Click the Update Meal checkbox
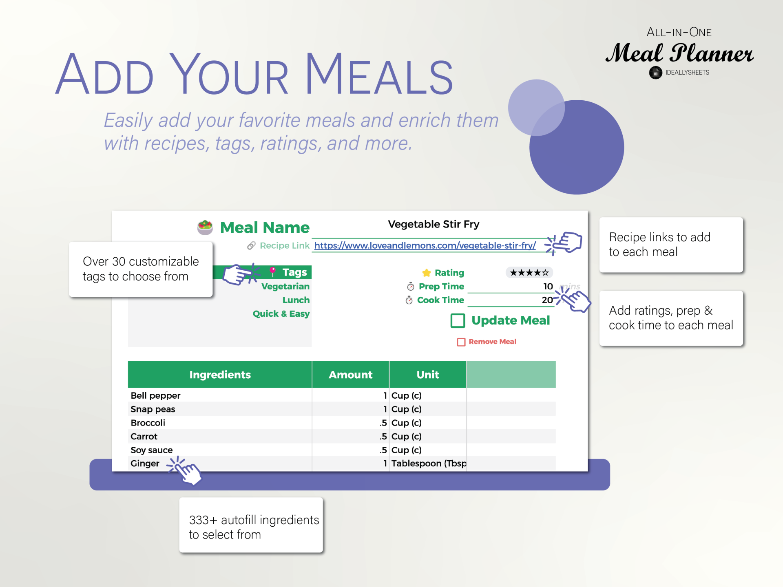pyautogui.click(x=458, y=320)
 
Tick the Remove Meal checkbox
pyautogui.click(x=461, y=342)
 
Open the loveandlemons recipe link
pyautogui.click(x=425, y=245)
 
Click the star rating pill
pyautogui.click(x=529, y=272)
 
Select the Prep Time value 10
pyautogui.click(x=548, y=286)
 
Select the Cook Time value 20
pyautogui.click(x=547, y=300)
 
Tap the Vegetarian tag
pyautogui.click(x=285, y=286)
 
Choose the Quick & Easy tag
pyautogui.click(x=281, y=313)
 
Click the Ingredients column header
pyautogui.click(x=220, y=374)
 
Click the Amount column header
pyautogui.click(x=350, y=374)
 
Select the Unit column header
pyautogui.click(x=428, y=374)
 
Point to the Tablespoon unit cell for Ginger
pyautogui.click(x=429, y=463)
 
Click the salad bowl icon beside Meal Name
pyautogui.click(x=205, y=227)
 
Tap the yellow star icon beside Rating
pyautogui.click(x=427, y=273)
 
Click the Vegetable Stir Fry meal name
pyautogui.click(x=434, y=224)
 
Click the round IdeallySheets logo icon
pyautogui.click(x=655, y=73)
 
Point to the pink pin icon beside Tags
pyautogui.click(x=273, y=271)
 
